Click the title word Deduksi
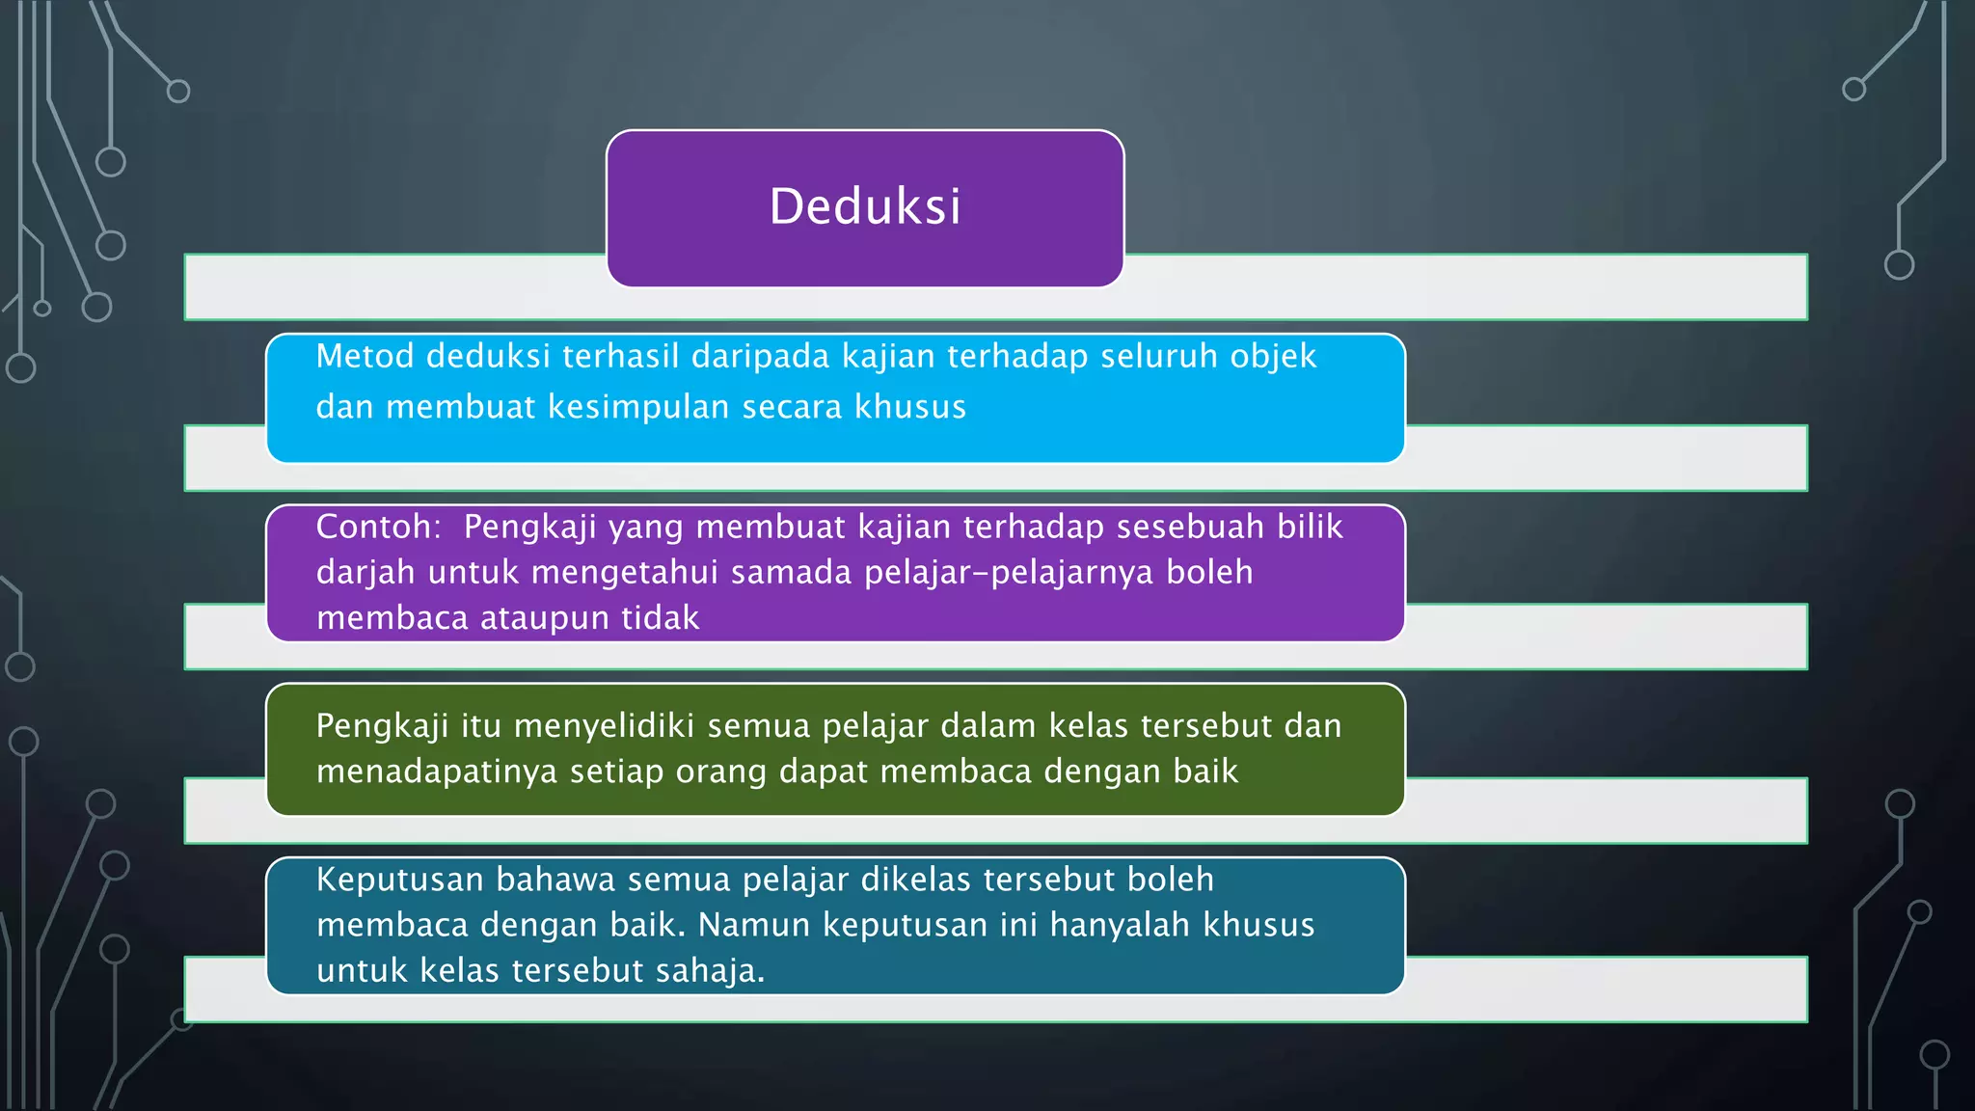865,206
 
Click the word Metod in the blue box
365,356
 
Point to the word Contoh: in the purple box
378,527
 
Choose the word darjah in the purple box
365,573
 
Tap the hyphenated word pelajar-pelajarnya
1009,573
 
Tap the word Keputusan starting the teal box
399,880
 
